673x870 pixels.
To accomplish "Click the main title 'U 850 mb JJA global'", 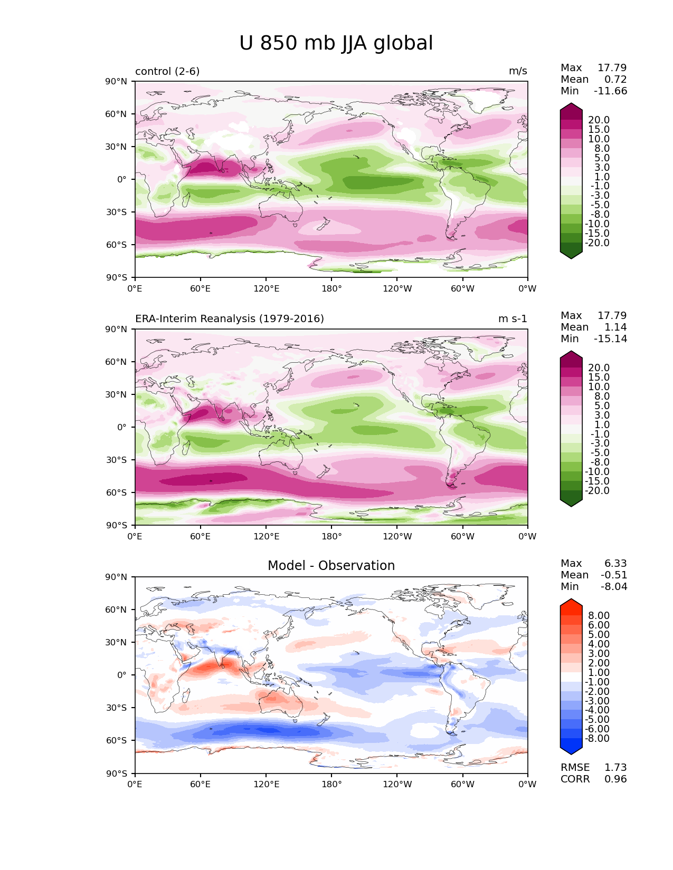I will tap(336, 43).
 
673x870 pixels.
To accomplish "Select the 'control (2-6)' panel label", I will tap(167, 71).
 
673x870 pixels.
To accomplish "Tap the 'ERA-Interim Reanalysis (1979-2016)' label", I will tap(230, 319).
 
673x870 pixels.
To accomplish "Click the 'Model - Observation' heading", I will tap(331, 566).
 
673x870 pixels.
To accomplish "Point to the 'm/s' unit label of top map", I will tap(518, 71).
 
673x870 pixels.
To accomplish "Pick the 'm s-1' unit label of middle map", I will tap(513, 319).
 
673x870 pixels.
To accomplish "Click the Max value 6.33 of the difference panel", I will tap(615, 564).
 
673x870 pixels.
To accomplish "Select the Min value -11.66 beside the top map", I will tap(610, 91).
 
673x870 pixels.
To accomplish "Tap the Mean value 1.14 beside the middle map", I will tap(615, 327).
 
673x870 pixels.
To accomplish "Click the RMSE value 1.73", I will tap(615, 768).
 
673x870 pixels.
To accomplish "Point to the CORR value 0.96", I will tap(615, 779).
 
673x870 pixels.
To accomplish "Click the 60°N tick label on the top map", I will tap(117, 114).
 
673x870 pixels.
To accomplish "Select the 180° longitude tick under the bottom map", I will tap(331, 785).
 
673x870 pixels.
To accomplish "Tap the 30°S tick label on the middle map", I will tap(117, 460).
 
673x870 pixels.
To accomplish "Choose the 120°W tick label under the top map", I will tap(397, 289).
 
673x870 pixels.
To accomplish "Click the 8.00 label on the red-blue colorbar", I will tap(599, 616).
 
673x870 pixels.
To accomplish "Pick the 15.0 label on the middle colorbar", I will tap(599, 378).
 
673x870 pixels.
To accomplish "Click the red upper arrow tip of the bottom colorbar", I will tap(571, 602).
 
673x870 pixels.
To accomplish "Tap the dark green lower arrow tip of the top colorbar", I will tap(571, 256).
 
